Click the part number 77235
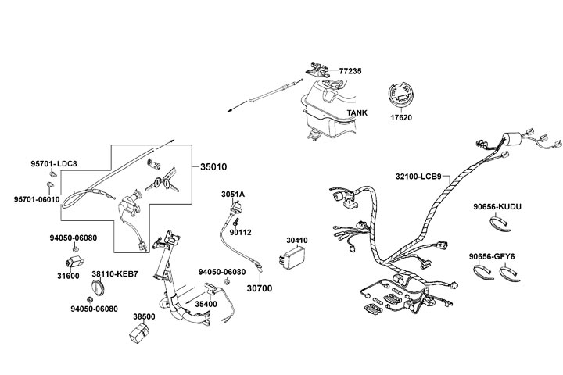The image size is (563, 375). (x=351, y=70)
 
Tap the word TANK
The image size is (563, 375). (x=357, y=112)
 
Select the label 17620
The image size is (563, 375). (x=400, y=118)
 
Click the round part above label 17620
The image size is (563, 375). (x=402, y=97)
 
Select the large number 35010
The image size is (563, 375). (x=213, y=167)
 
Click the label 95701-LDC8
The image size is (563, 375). (x=54, y=163)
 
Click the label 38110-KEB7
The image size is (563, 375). (x=114, y=274)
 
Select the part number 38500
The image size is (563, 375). (x=144, y=317)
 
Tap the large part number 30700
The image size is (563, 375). (x=260, y=288)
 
